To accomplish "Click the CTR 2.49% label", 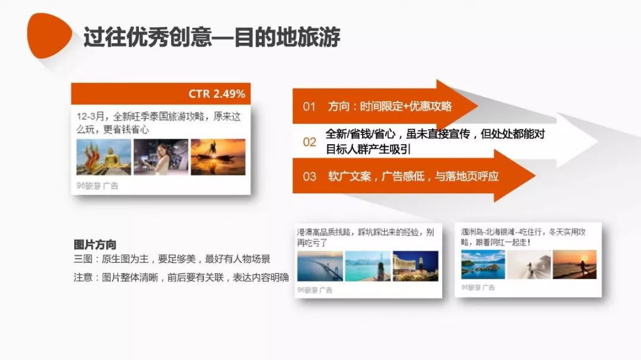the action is (x=217, y=94).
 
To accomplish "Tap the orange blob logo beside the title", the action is (x=49, y=36).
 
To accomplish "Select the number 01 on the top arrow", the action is (x=309, y=107).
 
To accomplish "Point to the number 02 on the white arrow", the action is (x=309, y=142).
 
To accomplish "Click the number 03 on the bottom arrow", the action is (x=309, y=177).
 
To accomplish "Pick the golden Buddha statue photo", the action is (x=104, y=157).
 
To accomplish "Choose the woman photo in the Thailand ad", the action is (x=161, y=157).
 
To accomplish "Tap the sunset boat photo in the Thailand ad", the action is (x=218, y=157).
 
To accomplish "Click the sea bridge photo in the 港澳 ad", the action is (x=320, y=266).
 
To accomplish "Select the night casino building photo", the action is (x=415, y=266).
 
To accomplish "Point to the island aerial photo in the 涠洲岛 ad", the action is (x=483, y=265).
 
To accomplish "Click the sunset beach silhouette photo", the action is (x=575, y=265).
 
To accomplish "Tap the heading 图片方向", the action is (x=95, y=245).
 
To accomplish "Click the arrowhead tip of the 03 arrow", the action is (x=535, y=176).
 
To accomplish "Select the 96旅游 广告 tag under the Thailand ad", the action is (x=97, y=186).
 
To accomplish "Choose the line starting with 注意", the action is (x=181, y=278).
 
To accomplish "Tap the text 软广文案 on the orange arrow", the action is (x=350, y=177).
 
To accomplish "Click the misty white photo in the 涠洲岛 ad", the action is (x=529, y=265).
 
